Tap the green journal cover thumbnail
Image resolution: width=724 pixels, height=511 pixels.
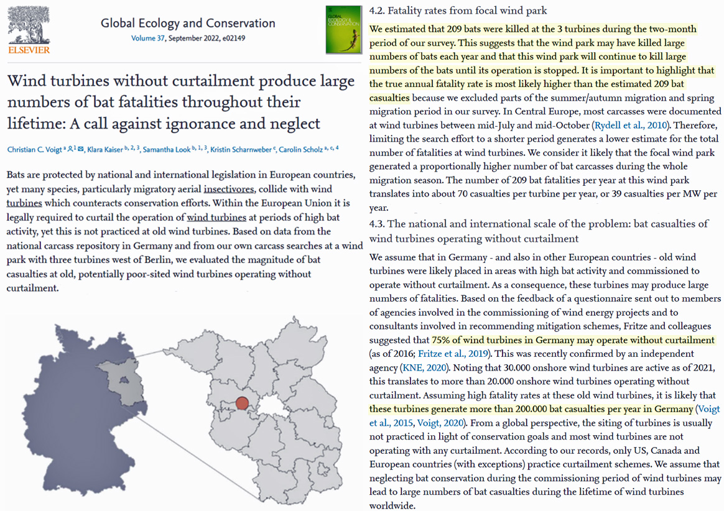click(x=343, y=29)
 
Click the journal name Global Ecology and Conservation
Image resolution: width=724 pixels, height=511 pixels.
click(x=188, y=24)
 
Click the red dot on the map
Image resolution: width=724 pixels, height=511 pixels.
click(x=242, y=403)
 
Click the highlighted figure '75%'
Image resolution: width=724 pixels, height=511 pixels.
click(x=442, y=340)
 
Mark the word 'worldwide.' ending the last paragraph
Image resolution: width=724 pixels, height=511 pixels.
click(x=392, y=505)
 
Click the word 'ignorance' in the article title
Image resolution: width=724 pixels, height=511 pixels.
click(x=197, y=122)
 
